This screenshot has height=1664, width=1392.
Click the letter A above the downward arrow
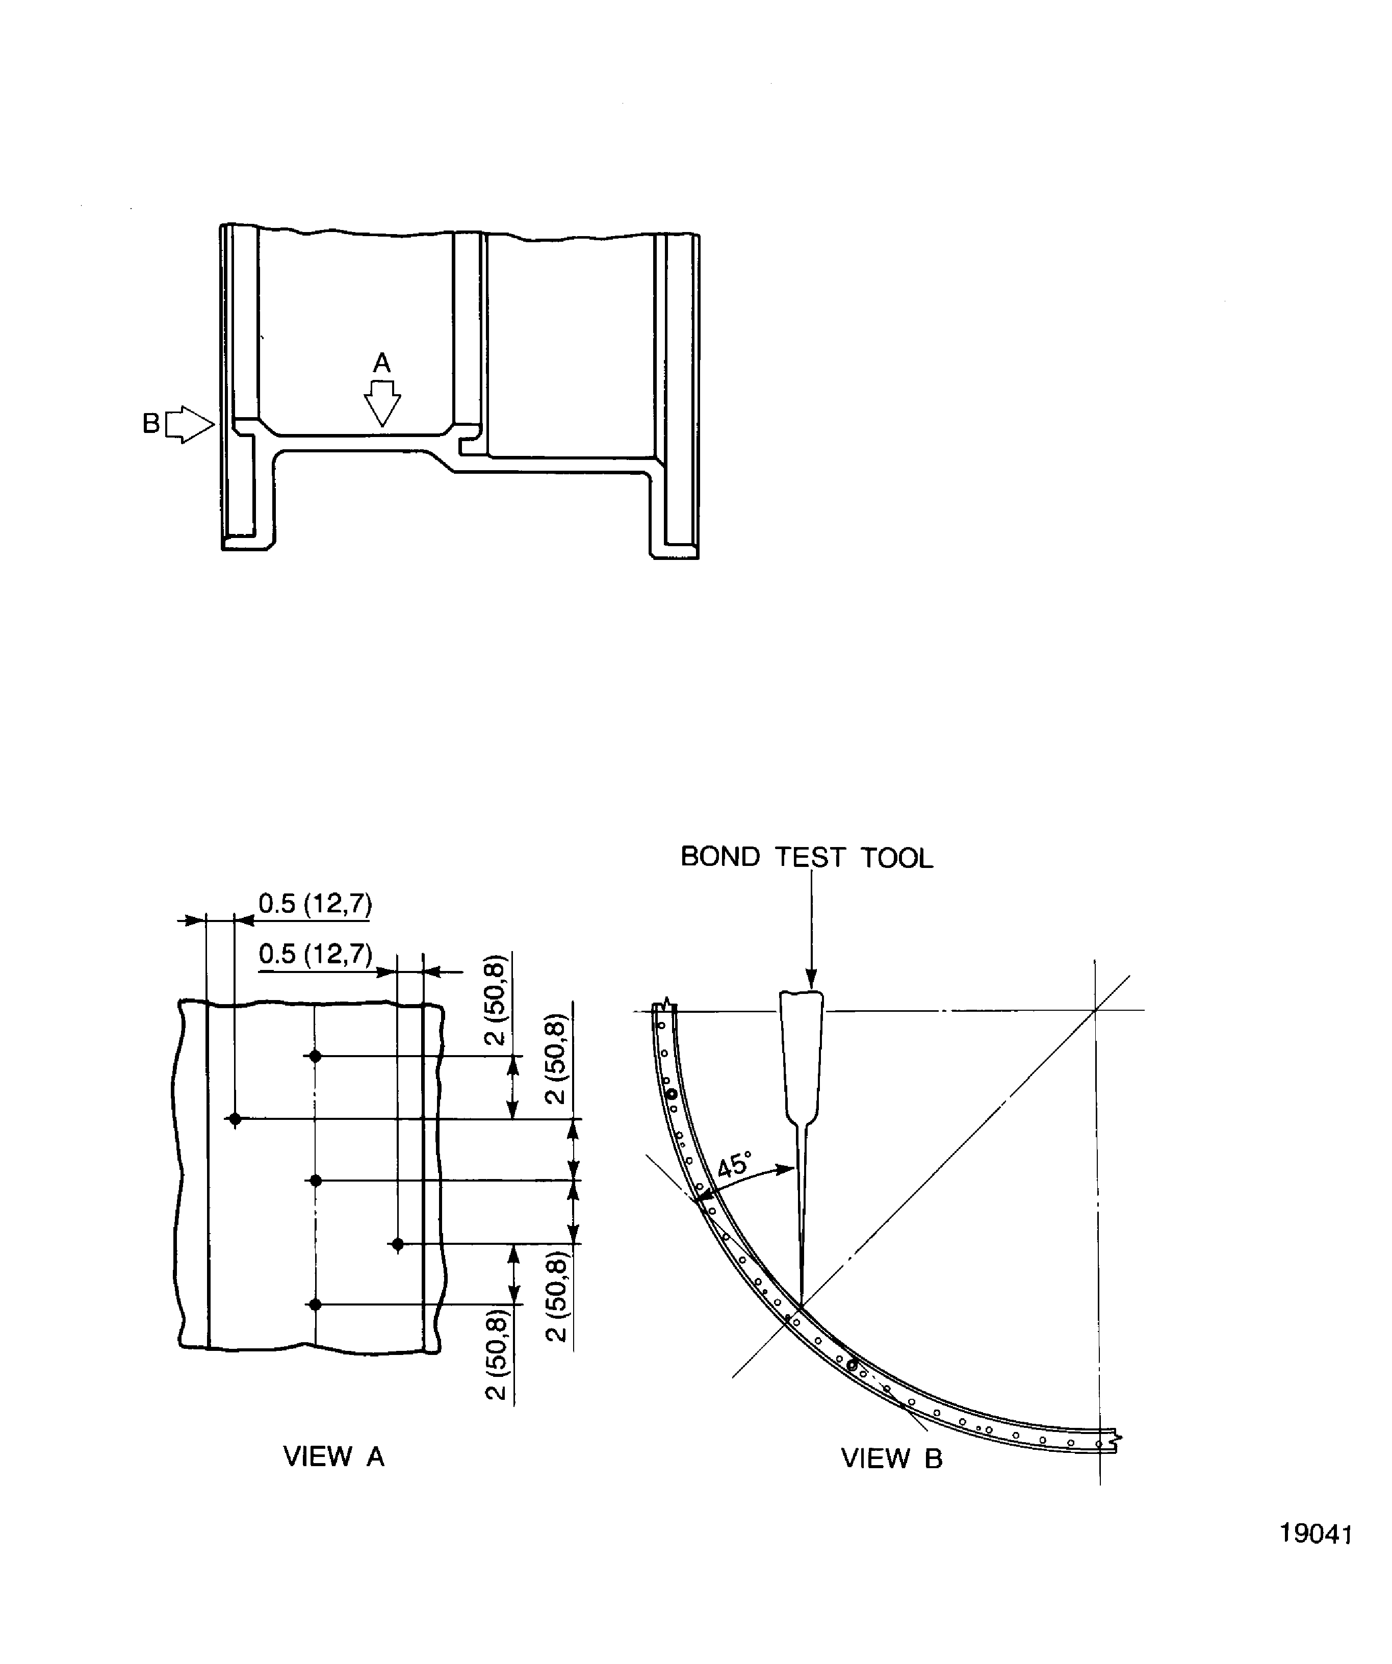(382, 363)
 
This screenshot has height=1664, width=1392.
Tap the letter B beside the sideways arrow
(150, 424)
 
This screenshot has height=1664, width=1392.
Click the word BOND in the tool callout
(720, 857)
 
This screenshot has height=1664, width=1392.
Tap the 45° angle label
(734, 1165)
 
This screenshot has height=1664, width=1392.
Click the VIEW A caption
(333, 1456)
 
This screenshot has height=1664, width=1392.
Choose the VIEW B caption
(891, 1458)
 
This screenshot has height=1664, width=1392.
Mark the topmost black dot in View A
(315, 1056)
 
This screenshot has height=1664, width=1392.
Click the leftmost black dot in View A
(235, 1119)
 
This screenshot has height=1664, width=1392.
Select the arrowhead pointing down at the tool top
(811, 980)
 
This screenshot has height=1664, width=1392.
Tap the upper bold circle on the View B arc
(672, 1094)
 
